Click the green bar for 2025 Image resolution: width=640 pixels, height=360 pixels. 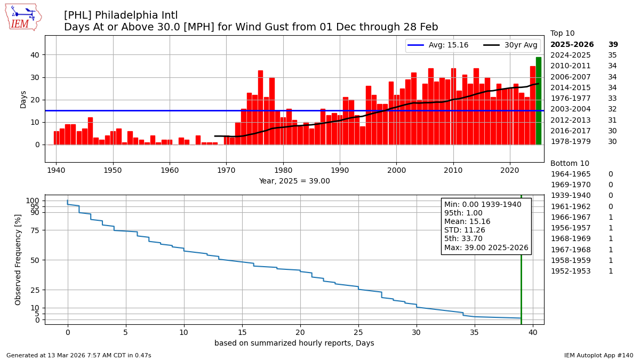[x=538, y=101]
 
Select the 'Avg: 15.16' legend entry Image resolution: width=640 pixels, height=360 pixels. [x=437, y=45]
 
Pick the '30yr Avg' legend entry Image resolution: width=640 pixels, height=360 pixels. [x=510, y=45]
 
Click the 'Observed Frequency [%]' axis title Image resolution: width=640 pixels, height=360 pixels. [x=19, y=259]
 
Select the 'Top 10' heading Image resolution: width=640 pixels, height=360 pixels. [x=562, y=34]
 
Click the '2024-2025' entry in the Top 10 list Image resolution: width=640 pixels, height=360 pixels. [x=570, y=55]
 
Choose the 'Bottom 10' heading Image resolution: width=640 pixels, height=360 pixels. [x=570, y=164]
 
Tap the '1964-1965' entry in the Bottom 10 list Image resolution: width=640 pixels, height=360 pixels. [x=570, y=174]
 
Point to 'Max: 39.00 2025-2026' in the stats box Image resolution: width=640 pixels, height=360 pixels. [x=486, y=247]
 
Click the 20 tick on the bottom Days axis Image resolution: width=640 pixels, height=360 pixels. [x=300, y=332]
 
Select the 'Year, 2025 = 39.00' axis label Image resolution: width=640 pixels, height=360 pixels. [x=294, y=181]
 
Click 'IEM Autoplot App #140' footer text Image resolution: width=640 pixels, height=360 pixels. [x=598, y=355]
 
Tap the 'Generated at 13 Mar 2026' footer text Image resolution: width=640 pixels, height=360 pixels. [x=78, y=355]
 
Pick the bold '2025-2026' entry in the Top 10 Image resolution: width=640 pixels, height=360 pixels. [x=572, y=45]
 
